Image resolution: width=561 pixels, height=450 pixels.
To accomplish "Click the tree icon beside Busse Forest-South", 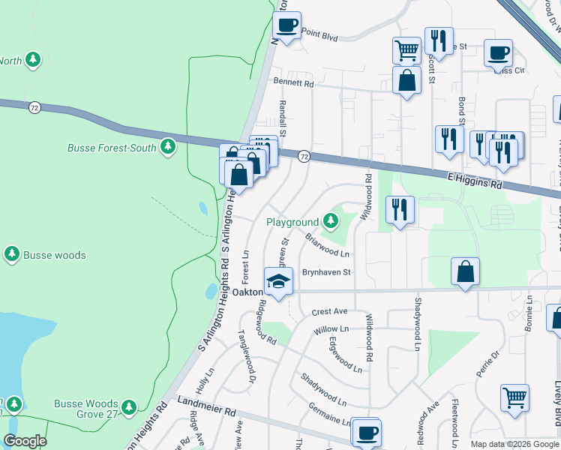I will click(169, 148).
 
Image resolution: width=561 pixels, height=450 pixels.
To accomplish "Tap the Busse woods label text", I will click(53, 255).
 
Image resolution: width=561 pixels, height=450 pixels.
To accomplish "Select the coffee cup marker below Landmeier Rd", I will click(366, 433).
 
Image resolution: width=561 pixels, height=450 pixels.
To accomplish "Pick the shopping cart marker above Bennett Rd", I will click(406, 50).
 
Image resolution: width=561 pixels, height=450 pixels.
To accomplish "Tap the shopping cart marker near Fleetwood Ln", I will click(514, 397).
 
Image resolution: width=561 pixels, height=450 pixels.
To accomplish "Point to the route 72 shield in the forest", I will click(34, 108).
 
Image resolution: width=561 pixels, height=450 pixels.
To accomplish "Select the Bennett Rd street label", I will click(293, 83).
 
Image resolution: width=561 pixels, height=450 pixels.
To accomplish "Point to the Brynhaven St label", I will click(326, 272).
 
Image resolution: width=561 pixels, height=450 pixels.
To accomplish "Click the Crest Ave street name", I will click(330, 311).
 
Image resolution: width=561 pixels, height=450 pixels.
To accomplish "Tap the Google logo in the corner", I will click(25, 441).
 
